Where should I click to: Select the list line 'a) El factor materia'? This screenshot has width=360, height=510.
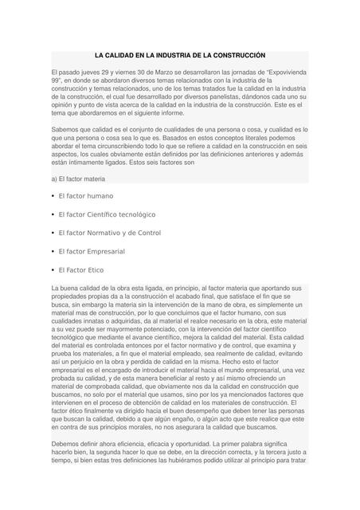click(83, 178)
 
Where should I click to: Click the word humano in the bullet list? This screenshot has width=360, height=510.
click(98, 195)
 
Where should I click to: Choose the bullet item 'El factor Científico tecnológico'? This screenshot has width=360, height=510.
click(107, 214)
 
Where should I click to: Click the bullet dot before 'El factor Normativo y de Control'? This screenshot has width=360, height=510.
click(52, 233)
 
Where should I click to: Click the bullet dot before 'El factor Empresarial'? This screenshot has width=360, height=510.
click(52, 252)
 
